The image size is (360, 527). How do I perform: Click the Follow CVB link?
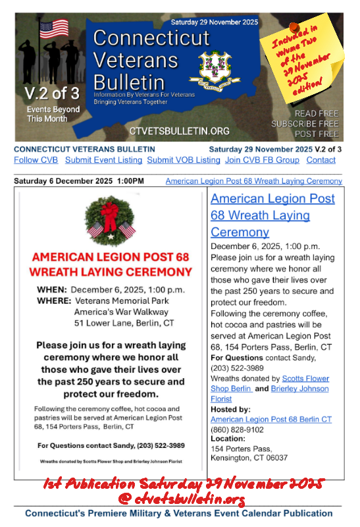(x=36, y=160)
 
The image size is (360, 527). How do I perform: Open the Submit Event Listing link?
(x=103, y=160)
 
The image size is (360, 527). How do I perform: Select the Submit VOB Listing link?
(x=184, y=160)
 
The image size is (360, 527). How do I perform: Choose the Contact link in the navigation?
(x=321, y=160)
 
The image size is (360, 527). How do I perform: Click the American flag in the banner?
(x=54, y=28)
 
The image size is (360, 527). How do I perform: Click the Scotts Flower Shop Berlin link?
(x=270, y=383)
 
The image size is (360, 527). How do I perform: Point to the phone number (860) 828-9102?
(x=238, y=429)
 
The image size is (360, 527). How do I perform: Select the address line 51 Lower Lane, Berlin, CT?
(x=124, y=323)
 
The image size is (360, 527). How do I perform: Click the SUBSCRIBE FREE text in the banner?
(x=305, y=123)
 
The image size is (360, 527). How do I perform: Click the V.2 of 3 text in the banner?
(x=49, y=93)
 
